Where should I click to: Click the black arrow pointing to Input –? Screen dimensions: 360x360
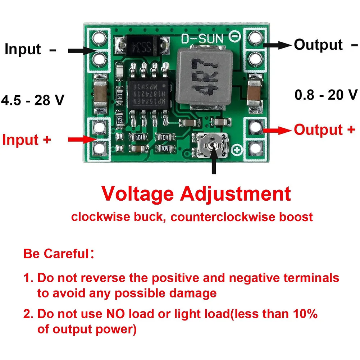click(x=83, y=51)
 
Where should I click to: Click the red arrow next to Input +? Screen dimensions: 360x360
click(x=83, y=140)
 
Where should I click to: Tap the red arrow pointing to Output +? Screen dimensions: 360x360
click(x=277, y=131)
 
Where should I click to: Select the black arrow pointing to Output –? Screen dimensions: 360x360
click(x=277, y=45)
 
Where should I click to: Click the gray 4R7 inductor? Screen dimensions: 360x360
click(x=204, y=77)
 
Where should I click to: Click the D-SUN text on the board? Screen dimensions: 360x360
click(x=202, y=39)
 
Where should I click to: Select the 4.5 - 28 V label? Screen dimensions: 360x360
click(x=33, y=100)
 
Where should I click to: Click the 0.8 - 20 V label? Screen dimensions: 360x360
click(x=326, y=95)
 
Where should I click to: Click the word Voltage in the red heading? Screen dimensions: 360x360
click(x=137, y=194)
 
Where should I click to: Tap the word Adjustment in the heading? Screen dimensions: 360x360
click(x=236, y=194)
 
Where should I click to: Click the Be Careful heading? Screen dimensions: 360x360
click(x=59, y=254)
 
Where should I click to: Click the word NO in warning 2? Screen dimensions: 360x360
click(x=116, y=314)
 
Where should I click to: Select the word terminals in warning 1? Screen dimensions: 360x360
click(x=311, y=278)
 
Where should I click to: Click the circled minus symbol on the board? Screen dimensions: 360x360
click(x=234, y=37)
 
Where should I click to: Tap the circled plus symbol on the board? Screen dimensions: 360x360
click(x=237, y=150)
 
